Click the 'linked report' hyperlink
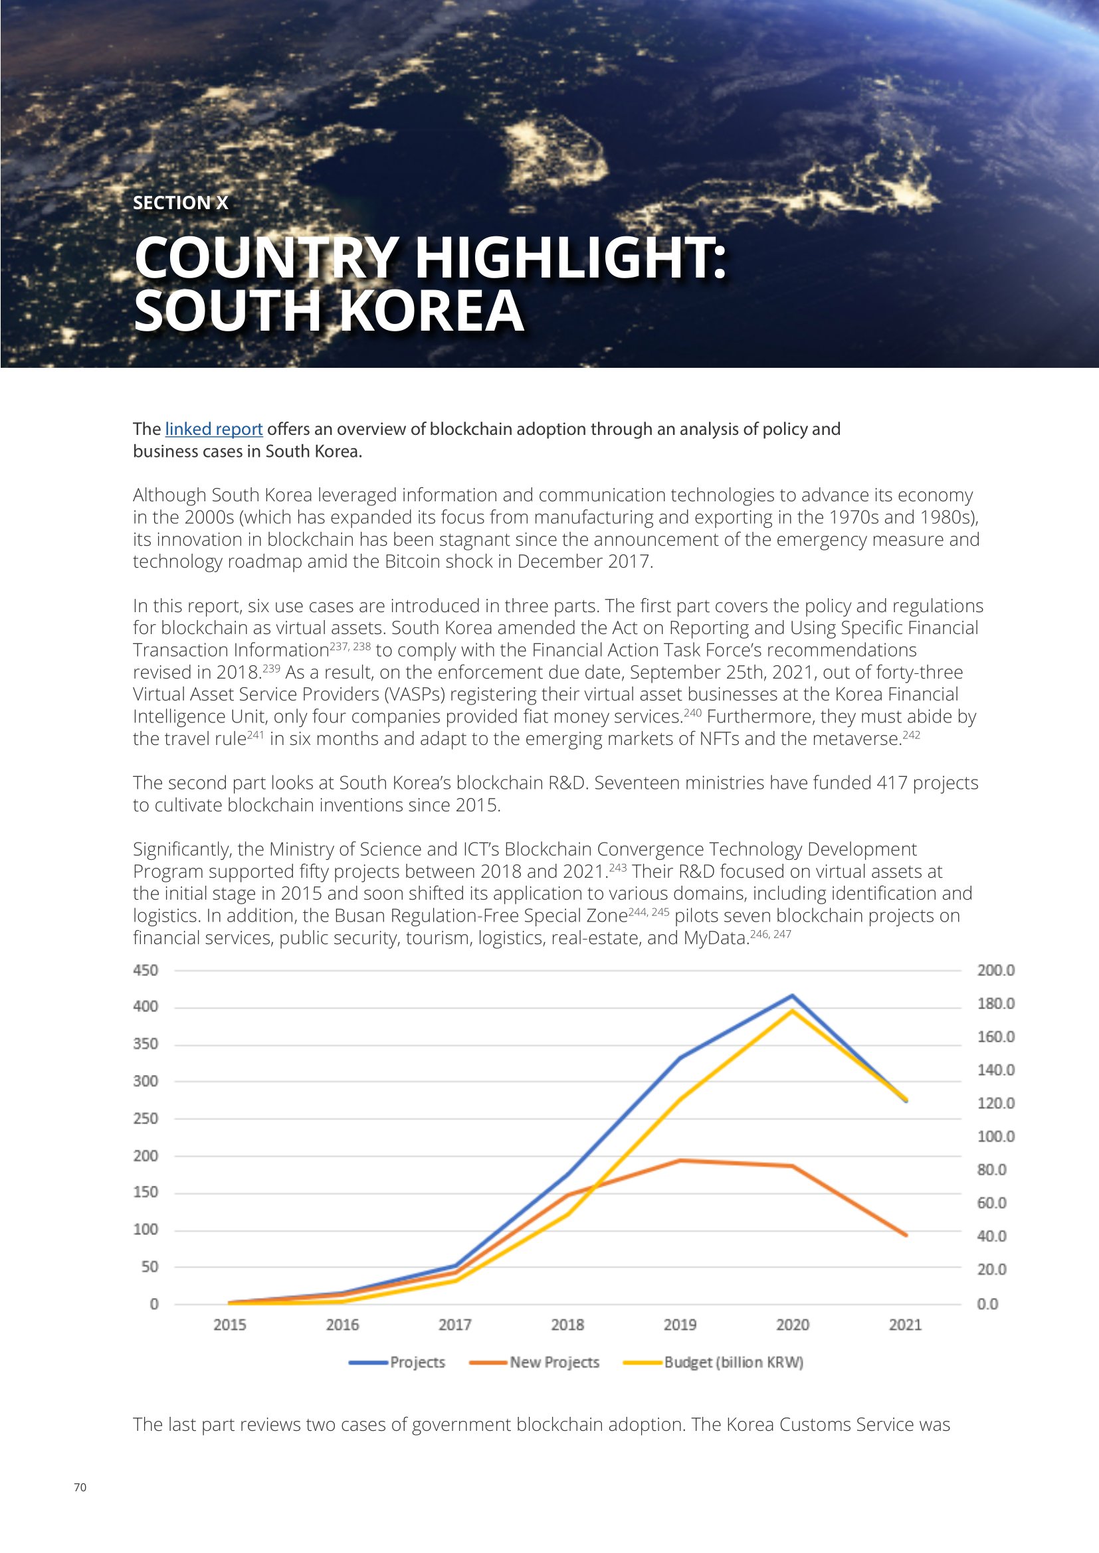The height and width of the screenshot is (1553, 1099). click(x=213, y=429)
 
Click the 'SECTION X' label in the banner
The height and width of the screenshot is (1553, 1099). click(x=181, y=203)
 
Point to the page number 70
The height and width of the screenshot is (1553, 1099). click(x=80, y=1487)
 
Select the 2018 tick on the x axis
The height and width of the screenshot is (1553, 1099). click(x=567, y=1324)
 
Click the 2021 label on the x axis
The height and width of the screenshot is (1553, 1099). click(x=905, y=1324)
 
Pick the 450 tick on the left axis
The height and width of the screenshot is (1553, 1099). click(x=146, y=970)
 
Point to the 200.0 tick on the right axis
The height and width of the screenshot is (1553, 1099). click(x=995, y=970)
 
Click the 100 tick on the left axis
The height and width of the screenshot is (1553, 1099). click(x=146, y=1229)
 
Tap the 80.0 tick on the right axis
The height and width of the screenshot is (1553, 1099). click(x=991, y=1169)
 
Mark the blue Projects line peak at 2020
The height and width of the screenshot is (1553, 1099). click(x=793, y=996)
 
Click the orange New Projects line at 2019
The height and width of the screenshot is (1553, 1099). click(x=680, y=1161)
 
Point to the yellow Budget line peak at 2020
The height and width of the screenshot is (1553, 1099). click(x=793, y=1011)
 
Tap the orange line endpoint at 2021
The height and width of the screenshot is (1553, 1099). click(x=906, y=1234)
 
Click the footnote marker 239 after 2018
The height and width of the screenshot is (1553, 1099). click(x=271, y=669)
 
